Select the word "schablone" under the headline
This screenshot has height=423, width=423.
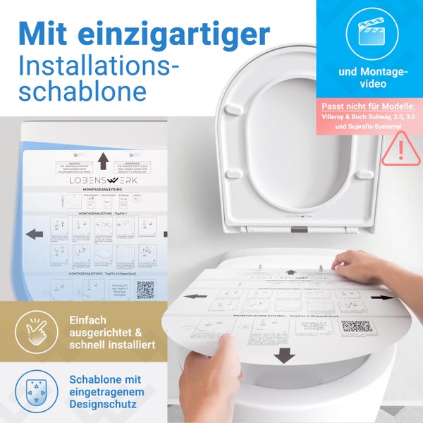point(83,92)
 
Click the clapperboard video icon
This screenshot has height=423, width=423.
point(369,32)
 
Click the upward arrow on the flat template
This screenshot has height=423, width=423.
point(103,160)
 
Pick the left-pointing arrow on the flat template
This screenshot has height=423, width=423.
point(33,233)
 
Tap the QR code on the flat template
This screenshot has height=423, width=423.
point(145,290)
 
